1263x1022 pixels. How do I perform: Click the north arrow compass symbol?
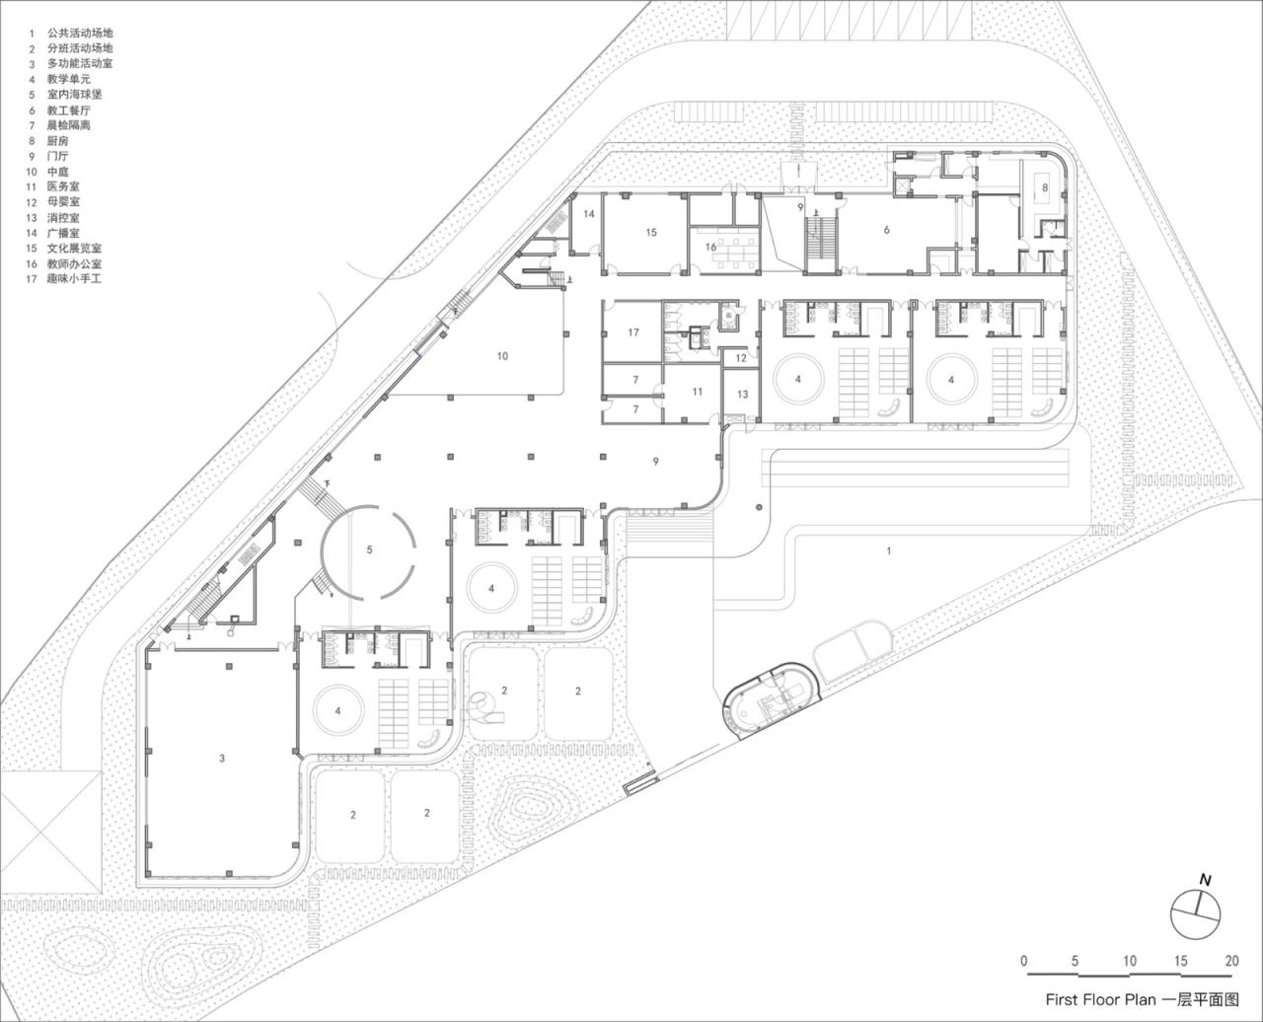pos(1195,913)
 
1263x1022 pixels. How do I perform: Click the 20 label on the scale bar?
pos(1230,961)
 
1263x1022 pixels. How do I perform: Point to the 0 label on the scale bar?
pos(1024,961)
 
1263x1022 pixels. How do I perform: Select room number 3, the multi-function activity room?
pos(222,758)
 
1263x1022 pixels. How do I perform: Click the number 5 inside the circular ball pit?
pos(370,549)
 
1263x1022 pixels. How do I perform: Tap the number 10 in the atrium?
pos(502,356)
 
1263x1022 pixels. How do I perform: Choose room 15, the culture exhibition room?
pos(651,233)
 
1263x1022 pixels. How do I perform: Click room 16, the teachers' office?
pos(710,247)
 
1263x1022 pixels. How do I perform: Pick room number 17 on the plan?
pos(633,332)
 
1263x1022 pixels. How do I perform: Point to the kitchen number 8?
pos(1044,187)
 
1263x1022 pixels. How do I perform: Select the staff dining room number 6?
pos(887,230)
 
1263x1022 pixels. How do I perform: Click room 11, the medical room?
pos(698,392)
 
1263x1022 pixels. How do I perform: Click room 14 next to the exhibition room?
pos(589,214)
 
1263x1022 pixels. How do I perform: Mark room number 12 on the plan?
pos(742,358)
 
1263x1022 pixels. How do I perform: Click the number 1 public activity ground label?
pos(888,550)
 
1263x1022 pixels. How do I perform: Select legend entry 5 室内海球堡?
pos(74,95)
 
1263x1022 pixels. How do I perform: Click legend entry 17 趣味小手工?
pos(74,279)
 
